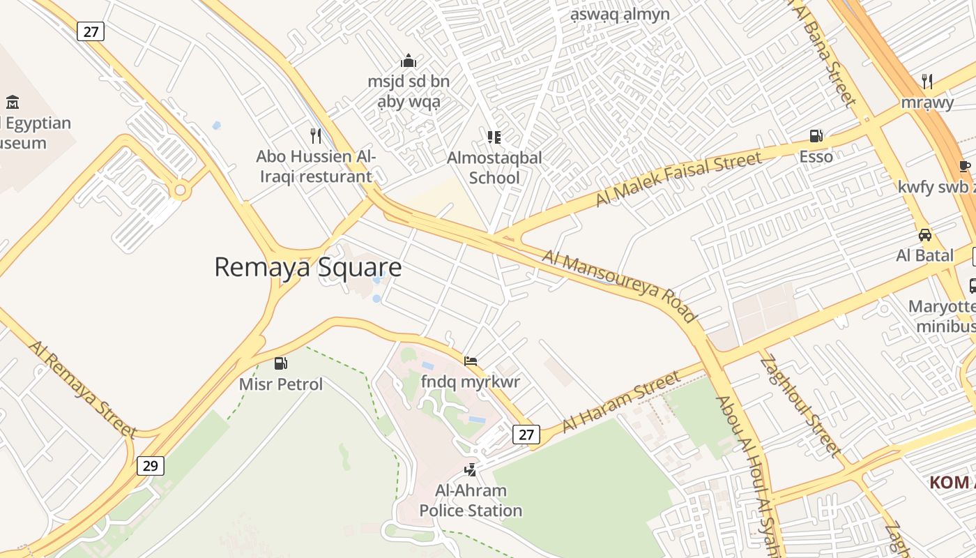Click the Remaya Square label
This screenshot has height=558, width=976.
[307, 267]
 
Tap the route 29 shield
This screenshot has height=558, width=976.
[150, 465]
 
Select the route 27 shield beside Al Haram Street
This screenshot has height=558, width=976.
[526, 435]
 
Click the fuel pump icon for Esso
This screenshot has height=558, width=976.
[816, 135]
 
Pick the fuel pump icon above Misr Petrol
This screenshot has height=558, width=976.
[281, 363]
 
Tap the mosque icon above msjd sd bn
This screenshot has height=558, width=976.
[409, 61]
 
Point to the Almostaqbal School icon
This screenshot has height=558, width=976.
[494, 137]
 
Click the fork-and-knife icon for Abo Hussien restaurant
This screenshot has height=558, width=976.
[316, 135]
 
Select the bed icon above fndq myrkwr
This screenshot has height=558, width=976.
[471, 361]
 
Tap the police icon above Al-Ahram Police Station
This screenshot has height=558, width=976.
[471, 469]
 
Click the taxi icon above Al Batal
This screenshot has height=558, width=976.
[924, 234]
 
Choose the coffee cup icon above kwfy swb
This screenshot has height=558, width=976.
[964, 166]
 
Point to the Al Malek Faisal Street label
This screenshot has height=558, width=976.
[678, 179]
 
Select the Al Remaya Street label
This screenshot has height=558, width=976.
[82, 389]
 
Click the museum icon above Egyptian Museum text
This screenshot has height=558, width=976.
[13, 103]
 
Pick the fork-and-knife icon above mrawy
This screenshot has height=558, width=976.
[927, 81]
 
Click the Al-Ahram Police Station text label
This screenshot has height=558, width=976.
[471, 501]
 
